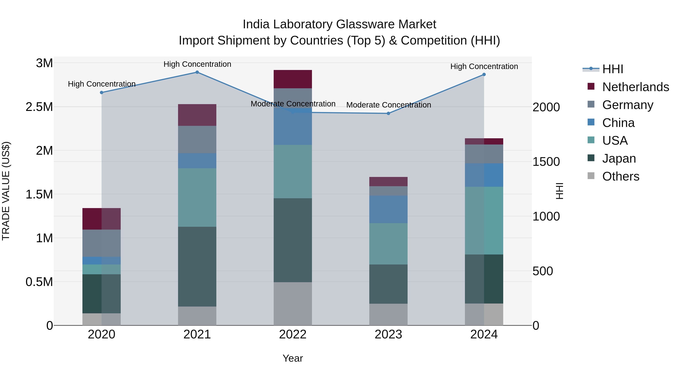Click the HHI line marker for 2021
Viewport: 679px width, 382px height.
tap(197, 72)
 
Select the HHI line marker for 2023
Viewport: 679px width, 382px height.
tap(388, 113)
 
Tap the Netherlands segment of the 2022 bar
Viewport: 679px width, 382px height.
tap(293, 79)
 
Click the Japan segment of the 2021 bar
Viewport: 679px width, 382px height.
tap(197, 266)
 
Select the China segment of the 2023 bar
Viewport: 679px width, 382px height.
tap(388, 209)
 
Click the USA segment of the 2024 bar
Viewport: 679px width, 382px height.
tap(484, 220)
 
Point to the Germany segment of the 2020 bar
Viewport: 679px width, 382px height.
tap(101, 243)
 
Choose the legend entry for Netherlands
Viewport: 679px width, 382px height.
tap(635, 87)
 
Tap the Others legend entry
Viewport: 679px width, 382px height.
tap(621, 176)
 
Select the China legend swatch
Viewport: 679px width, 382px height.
tap(591, 122)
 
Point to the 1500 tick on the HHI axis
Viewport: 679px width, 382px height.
tap(546, 162)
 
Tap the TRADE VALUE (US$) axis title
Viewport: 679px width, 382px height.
tap(6, 191)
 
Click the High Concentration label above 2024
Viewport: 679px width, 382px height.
tap(484, 66)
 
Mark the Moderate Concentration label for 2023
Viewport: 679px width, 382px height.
tap(389, 105)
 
